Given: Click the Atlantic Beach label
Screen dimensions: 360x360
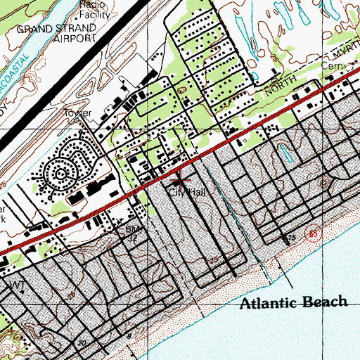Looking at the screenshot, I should click(x=294, y=303).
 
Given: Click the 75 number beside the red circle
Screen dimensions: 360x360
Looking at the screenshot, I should click(x=290, y=239).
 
